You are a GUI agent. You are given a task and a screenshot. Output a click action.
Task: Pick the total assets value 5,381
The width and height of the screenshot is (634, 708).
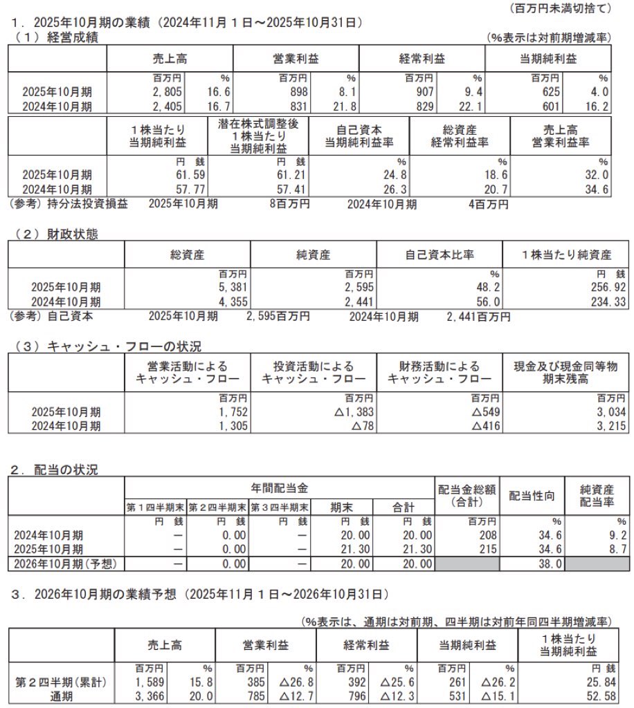232,287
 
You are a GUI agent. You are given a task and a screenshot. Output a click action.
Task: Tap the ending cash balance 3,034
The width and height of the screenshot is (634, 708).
613,412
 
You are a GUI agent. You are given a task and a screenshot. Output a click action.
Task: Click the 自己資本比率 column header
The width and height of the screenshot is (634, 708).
440,254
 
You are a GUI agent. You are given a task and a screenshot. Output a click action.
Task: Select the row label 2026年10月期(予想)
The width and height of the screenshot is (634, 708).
67,563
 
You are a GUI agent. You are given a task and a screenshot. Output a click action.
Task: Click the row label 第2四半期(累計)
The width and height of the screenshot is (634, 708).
61,682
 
